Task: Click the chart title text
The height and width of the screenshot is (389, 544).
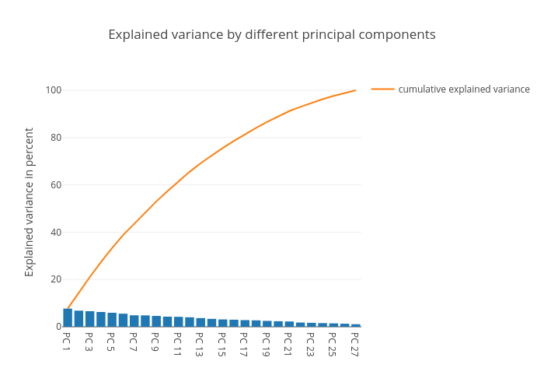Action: [271, 35]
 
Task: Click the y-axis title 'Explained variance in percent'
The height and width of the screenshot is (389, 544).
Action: [30, 202]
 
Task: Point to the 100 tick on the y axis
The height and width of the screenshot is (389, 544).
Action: [53, 90]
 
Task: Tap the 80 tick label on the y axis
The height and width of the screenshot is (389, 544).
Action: [55, 138]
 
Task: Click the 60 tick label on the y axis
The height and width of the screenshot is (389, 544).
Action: [55, 185]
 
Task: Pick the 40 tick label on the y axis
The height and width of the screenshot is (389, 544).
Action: [55, 233]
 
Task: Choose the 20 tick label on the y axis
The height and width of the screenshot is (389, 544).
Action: [55, 280]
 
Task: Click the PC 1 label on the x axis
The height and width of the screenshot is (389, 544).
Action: [67, 342]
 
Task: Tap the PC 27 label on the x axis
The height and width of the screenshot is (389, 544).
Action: [355, 344]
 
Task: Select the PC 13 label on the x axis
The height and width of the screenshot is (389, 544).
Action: [200, 344]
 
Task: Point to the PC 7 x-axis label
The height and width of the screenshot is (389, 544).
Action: [134, 342]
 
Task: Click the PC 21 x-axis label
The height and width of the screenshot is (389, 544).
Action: [288, 344]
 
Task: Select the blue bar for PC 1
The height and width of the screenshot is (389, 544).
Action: [68, 318]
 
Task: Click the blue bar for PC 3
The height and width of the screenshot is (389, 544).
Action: [89, 319]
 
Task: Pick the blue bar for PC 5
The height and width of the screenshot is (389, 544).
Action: [112, 320]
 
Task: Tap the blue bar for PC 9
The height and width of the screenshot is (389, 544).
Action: [156, 321]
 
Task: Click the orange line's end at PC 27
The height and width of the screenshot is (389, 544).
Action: [355, 90]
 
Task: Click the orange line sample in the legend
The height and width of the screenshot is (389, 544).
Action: [382, 89]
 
